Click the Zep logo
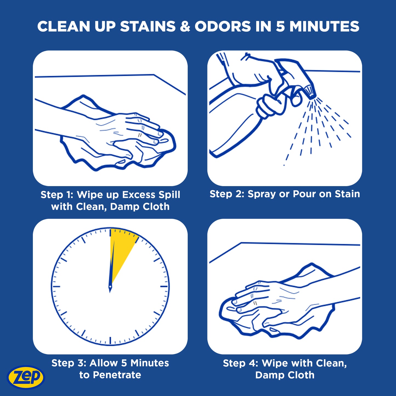pos(26,377)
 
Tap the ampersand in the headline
pos(185,27)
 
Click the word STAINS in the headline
pos(148,27)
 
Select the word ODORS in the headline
pos(223,27)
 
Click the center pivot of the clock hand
pos(110,286)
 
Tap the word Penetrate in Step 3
pos(117,375)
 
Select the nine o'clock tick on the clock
pos(56,286)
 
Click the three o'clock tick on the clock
pos(164,286)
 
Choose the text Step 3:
pos(69,363)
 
